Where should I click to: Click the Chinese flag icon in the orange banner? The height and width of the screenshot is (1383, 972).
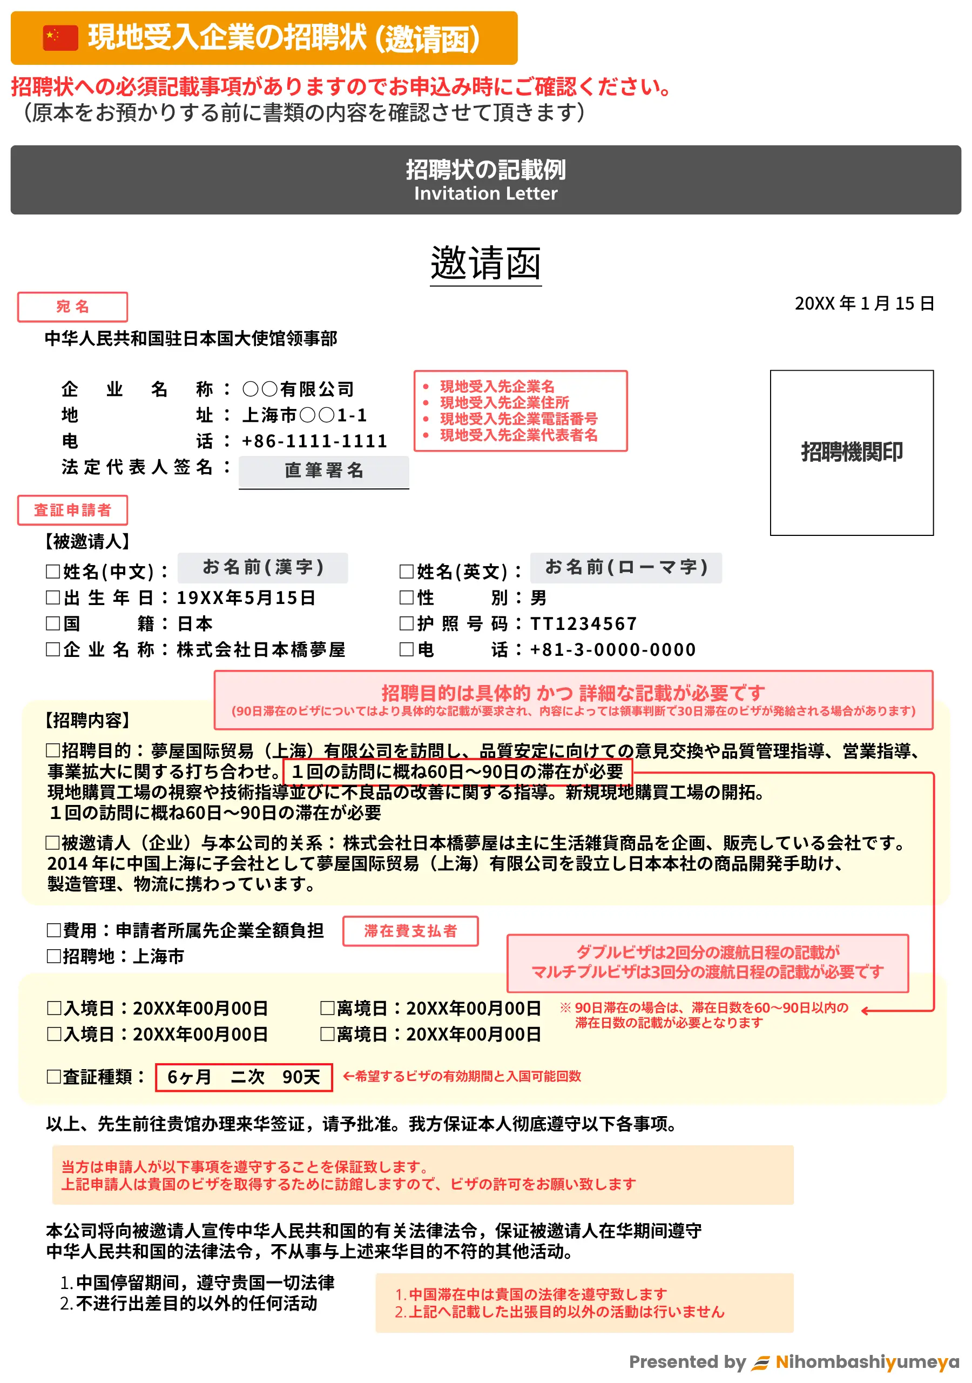[60, 38]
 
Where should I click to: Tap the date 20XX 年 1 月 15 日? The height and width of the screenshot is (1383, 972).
[863, 304]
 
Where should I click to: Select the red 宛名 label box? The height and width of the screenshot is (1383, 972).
[72, 307]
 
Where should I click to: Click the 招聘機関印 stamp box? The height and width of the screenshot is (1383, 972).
[851, 452]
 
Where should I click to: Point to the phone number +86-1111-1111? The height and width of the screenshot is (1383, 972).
[314, 441]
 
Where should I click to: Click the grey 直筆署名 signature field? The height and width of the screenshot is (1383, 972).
[324, 471]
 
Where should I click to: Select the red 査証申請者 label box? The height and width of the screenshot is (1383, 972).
[72, 510]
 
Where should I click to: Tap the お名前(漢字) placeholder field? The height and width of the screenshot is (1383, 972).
[263, 567]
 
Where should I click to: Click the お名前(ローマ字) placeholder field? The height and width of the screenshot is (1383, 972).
[626, 567]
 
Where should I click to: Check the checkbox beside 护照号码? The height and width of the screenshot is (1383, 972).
[407, 623]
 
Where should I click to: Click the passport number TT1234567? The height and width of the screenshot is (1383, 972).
[583, 624]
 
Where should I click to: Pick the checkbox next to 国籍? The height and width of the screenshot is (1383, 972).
[53, 623]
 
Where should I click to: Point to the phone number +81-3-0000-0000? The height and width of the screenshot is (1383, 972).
[612, 650]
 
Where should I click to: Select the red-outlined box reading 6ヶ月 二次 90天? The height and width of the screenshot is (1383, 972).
[244, 1077]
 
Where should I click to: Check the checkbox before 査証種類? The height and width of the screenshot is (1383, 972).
[53, 1077]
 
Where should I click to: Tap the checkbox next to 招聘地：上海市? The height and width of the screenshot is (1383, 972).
[53, 957]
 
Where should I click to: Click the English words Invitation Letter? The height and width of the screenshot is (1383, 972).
[485, 194]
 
